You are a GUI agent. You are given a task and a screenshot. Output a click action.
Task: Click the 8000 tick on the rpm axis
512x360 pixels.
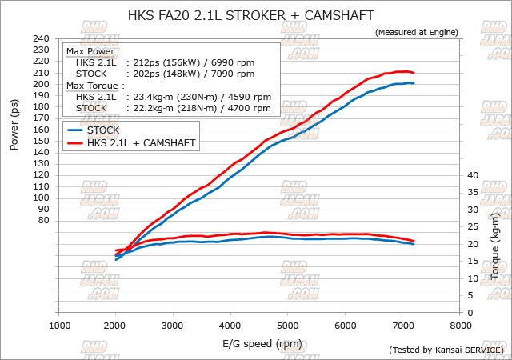[x=460, y=326]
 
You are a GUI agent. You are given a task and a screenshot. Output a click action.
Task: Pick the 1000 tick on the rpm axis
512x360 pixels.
[x=59, y=326]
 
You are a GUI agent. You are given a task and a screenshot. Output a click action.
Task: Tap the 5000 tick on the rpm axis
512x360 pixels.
[x=288, y=326]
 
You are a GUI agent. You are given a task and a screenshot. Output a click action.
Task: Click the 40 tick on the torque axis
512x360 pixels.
[x=471, y=175]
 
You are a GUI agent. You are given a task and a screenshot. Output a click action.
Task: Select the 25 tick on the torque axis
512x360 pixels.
[x=471, y=227]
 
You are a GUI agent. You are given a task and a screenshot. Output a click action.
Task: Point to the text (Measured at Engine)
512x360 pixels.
[x=416, y=32]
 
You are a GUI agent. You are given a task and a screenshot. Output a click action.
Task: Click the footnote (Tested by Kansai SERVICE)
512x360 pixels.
[x=446, y=350]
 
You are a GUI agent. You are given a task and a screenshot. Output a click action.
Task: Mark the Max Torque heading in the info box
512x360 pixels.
[x=95, y=86]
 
